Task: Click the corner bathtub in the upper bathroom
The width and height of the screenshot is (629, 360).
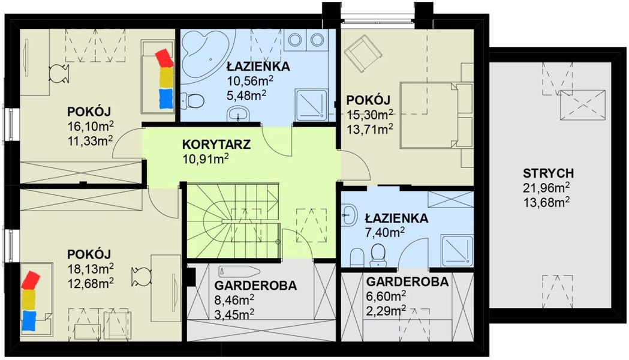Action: [x=204, y=51]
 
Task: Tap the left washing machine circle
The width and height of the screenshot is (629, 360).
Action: [x=295, y=40]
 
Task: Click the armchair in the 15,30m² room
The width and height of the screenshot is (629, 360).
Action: [x=362, y=52]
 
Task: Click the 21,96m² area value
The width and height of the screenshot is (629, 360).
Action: [x=545, y=188]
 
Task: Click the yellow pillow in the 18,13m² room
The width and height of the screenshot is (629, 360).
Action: [x=29, y=298]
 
